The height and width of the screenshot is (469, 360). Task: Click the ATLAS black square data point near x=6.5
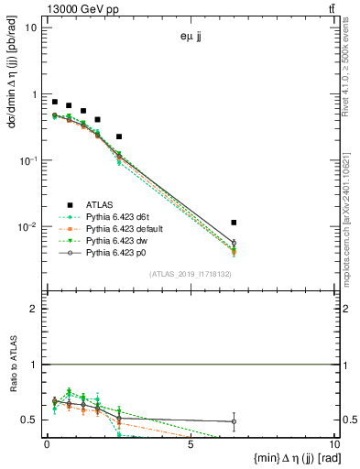point(235,223)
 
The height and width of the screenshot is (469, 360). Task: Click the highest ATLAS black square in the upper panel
point(55,102)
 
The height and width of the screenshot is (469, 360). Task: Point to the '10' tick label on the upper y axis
point(31,27)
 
